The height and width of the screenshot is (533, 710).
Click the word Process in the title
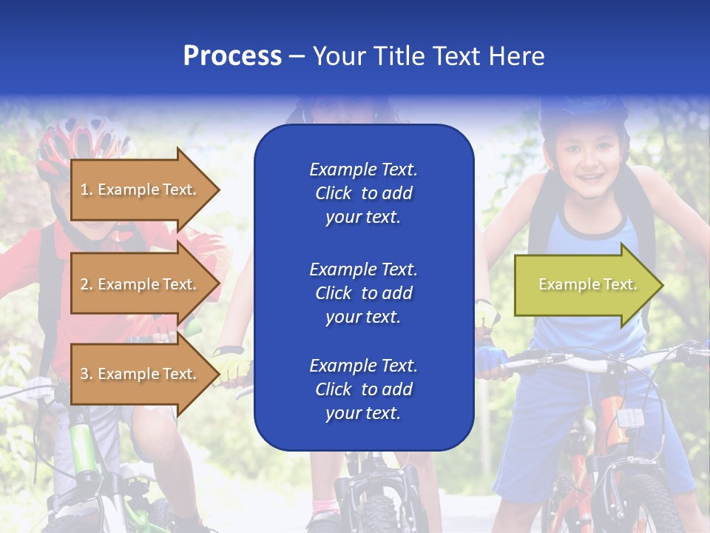point(232,56)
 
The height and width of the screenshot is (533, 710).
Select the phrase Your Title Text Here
point(428,56)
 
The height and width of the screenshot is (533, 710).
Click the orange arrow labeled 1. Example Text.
point(141,190)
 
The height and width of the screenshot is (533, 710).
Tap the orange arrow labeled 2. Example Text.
point(141,284)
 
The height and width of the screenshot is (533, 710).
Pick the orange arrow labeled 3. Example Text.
point(141,374)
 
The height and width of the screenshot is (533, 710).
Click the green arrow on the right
point(584,285)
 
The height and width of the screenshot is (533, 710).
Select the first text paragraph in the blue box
point(363,193)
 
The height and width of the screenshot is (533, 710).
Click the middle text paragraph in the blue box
point(363,293)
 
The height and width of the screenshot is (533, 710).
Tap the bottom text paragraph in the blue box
point(363,389)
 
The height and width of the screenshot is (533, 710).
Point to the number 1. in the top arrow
point(87,190)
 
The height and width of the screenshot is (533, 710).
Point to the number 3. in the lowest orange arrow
point(87,374)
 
